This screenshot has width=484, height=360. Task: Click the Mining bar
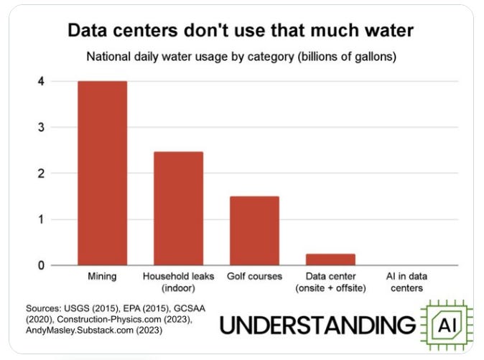102,173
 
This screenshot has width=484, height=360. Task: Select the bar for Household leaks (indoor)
178,208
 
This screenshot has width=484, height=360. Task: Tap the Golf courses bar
254,231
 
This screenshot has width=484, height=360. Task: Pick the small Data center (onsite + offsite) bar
330,259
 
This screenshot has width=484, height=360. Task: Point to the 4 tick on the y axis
41,81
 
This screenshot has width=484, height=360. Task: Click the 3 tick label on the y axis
41,127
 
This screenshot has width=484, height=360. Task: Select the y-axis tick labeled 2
41,173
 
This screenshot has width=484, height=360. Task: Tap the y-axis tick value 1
41,219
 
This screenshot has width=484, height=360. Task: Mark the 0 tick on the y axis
41,265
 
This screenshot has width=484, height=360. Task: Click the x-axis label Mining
102,276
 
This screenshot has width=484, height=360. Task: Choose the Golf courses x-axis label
255,276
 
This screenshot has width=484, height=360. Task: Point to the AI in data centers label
406,282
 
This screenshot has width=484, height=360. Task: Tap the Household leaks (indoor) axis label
178,282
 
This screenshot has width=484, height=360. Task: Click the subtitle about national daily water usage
241,57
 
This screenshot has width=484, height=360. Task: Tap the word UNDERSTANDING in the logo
317,325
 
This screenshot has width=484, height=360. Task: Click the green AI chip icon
447,325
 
